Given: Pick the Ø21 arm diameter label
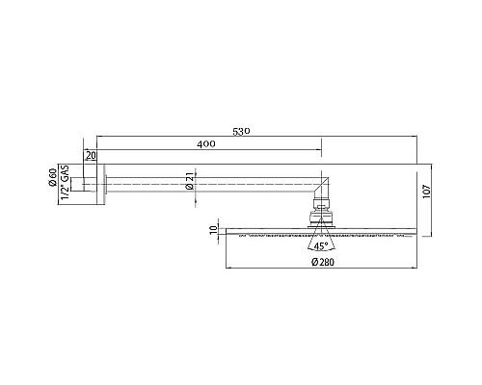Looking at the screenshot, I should click(x=191, y=179).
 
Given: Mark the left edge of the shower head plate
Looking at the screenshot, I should click(x=226, y=232).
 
